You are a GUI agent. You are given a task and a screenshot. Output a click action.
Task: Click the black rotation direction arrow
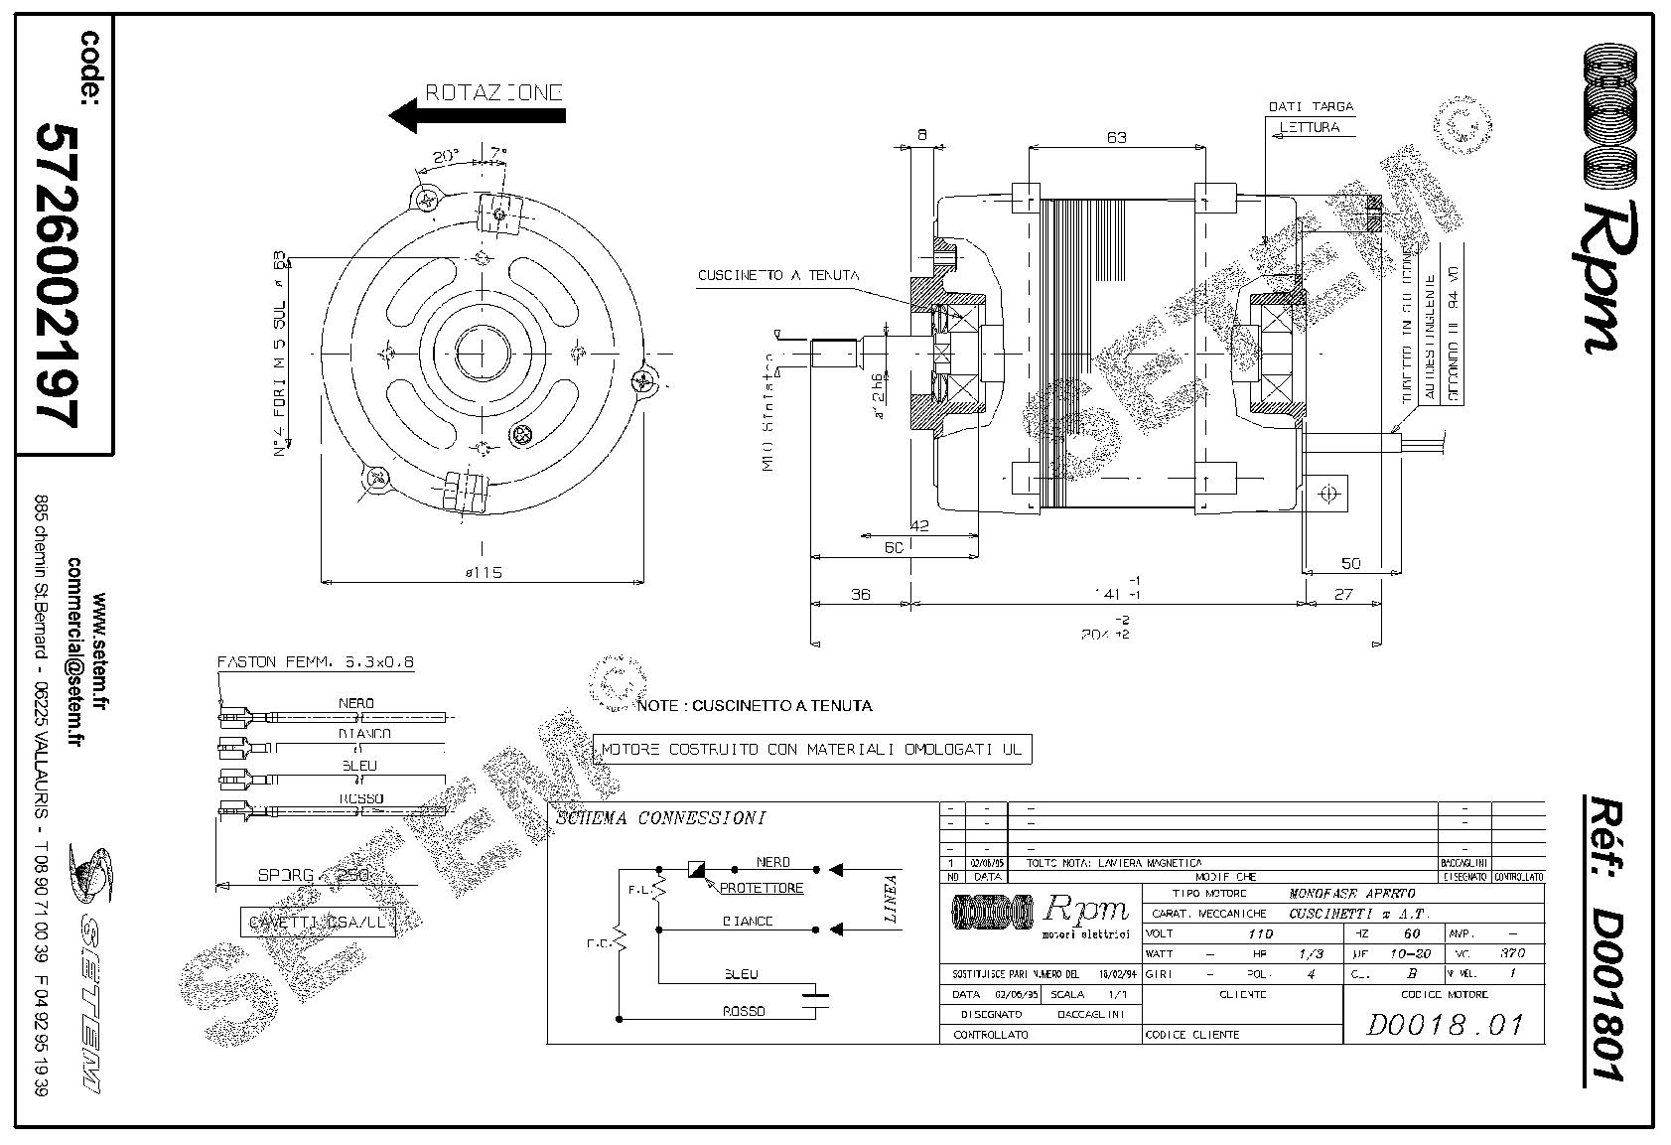477,115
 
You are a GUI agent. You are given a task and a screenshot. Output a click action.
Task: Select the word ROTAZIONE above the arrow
494,92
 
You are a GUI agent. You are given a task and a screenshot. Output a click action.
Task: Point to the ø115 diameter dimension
482,572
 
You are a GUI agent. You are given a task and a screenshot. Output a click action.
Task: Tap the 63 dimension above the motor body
1116,137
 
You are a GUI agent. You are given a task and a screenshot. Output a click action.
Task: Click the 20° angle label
446,156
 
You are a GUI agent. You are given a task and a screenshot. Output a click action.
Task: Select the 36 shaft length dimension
860,594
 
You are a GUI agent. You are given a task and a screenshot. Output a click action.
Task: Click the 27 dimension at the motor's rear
1342,594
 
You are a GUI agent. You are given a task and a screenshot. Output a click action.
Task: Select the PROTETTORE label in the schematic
762,888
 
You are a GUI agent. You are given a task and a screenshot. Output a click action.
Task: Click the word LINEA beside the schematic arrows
891,899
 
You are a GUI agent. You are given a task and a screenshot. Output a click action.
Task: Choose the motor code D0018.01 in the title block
1444,1024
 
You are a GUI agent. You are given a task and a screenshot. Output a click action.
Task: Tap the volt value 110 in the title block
1259,934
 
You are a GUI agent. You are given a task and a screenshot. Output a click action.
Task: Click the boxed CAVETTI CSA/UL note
318,923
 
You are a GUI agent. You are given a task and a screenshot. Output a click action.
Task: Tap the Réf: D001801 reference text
1601,938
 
